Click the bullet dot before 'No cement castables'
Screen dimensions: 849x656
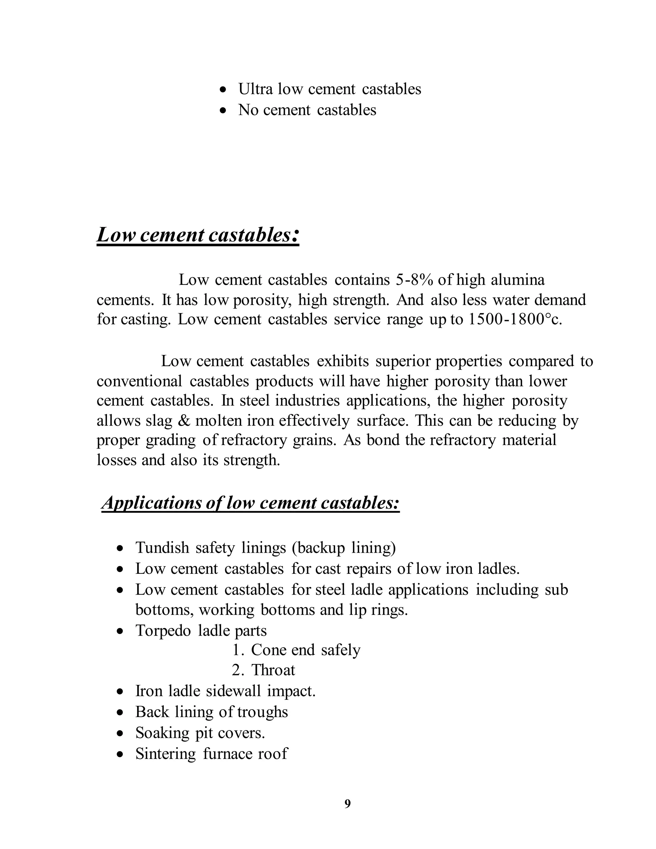(223, 111)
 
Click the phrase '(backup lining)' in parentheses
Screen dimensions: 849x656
(344, 548)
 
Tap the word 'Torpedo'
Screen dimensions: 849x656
(163, 631)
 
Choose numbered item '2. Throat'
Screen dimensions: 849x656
(264, 670)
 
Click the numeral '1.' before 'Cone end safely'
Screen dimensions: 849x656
(238, 650)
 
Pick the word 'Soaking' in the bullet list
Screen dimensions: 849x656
(162, 733)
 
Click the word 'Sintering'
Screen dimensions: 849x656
(166, 754)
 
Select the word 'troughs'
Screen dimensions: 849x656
(263, 712)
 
